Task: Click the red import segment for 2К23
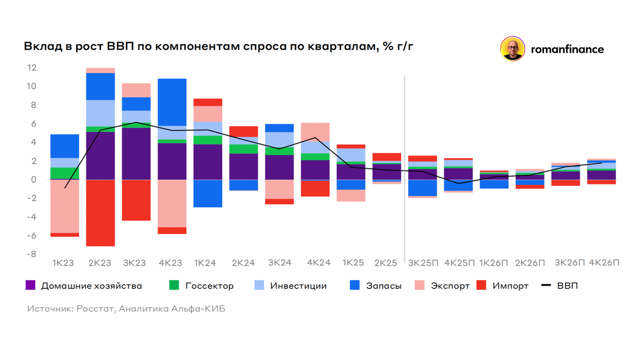[x=100, y=213]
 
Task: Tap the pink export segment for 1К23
[x=65, y=206]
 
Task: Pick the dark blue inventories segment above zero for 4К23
[x=172, y=102]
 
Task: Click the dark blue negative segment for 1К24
[x=208, y=193]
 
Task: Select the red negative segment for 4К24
[x=315, y=188]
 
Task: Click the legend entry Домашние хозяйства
[x=91, y=286]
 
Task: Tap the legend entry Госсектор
[x=209, y=286]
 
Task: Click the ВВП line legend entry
[x=567, y=286]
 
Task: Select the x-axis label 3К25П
[x=422, y=263]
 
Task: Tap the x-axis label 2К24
[x=244, y=263]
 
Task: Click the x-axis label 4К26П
[x=604, y=263]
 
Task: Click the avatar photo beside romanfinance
[x=513, y=49]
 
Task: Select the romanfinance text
[x=567, y=50]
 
